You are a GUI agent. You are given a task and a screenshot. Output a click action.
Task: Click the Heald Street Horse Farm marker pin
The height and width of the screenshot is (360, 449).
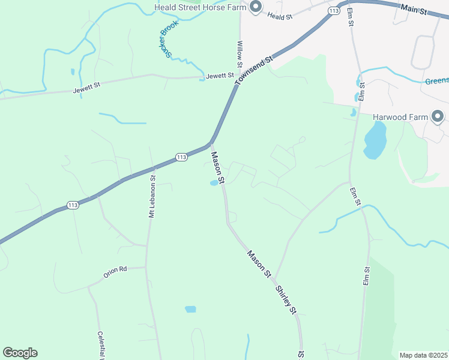256,7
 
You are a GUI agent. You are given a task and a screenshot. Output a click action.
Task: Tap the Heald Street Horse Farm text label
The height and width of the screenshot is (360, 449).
201,7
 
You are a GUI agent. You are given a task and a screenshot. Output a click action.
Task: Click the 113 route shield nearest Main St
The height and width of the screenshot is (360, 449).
334,11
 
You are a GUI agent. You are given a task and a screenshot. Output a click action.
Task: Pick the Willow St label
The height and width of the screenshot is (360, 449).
240,54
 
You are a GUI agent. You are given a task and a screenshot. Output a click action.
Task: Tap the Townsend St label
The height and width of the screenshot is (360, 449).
254,70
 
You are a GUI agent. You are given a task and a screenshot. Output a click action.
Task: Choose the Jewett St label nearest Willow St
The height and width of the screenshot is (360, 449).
219,76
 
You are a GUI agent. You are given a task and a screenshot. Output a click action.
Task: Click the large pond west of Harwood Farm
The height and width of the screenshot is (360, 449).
374,140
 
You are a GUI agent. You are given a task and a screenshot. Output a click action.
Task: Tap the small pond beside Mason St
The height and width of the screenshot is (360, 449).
214,183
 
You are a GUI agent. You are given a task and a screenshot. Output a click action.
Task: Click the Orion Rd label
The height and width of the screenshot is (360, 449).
115,270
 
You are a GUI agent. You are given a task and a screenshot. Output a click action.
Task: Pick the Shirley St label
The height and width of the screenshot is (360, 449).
286,298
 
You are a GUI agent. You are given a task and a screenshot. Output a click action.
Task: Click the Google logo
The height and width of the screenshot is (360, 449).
20,353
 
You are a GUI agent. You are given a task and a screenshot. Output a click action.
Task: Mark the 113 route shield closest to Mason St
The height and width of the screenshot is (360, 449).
182,157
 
